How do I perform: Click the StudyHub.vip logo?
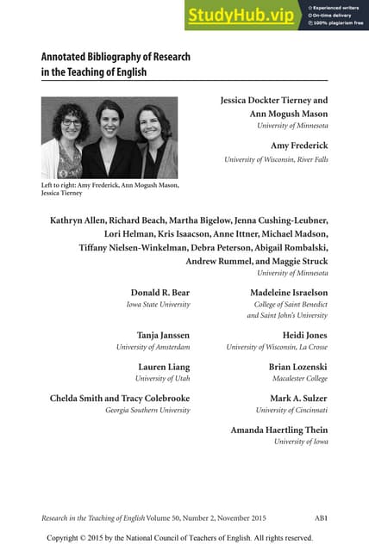click(240, 15)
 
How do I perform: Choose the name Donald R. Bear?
click(160, 293)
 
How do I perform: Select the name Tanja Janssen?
click(163, 335)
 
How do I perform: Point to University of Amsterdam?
click(153, 347)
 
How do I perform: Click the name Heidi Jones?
click(305, 335)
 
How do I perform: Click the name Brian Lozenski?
click(298, 367)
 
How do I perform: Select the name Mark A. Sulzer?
click(298, 399)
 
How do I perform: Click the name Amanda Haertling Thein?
click(279, 430)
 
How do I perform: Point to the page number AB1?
click(322, 517)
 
